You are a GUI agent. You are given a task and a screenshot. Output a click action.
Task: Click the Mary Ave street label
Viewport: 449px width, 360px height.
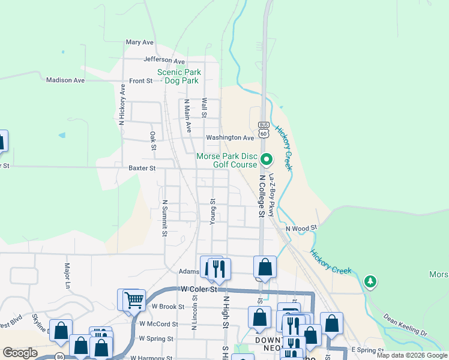(140, 43)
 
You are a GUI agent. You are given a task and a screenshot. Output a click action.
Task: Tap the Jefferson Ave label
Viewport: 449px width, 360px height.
(164, 61)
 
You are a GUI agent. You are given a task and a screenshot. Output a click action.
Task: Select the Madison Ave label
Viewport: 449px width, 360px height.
(65, 80)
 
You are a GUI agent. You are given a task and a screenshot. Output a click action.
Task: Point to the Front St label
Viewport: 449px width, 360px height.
(141, 80)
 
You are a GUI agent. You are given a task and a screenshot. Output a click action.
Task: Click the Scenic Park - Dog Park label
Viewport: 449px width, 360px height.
(178, 76)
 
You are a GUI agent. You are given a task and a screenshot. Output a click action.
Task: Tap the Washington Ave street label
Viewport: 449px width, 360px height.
(231, 137)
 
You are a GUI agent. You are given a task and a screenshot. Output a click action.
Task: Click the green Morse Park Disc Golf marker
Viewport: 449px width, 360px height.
(267, 160)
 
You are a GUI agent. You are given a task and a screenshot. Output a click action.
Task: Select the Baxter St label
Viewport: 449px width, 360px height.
(142, 169)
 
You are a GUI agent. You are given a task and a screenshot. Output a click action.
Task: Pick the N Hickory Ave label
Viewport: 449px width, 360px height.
(122, 104)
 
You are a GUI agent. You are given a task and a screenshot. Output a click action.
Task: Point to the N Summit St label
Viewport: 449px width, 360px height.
(164, 218)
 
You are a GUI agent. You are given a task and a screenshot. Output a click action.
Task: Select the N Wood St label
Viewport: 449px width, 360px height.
(301, 228)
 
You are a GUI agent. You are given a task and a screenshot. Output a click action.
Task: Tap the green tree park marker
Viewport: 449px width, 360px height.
(370, 280)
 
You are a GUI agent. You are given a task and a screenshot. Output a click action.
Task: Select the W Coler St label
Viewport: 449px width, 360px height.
(198, 289)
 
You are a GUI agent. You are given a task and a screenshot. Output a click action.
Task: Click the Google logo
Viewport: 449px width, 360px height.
(20, 353)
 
